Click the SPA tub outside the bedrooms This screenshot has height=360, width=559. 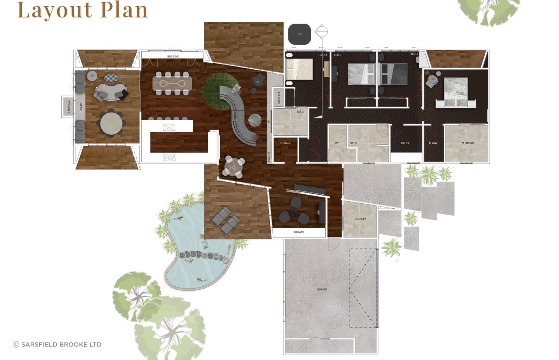(299, 34)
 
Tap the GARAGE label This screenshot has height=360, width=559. (322, 289)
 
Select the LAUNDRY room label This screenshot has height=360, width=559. (360, 219)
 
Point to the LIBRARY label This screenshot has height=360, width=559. (299, 232)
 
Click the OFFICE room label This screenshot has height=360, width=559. (405, 143)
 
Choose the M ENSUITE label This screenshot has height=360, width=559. (468, 143)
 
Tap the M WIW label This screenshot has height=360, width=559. (433, 143)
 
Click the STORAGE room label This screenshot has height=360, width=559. (285, 143)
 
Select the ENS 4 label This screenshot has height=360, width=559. (300, 112)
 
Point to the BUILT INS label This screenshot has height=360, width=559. (173, 57)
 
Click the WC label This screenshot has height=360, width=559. (337, 143)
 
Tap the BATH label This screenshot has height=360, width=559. (353, 143)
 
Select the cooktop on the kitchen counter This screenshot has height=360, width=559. (169, 157)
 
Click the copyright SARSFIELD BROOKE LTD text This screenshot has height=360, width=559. (57, 344)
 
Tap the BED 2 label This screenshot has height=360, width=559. (414, 54)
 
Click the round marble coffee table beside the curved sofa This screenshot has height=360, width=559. (255, 120)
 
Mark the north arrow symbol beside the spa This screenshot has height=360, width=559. (321, 32)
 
